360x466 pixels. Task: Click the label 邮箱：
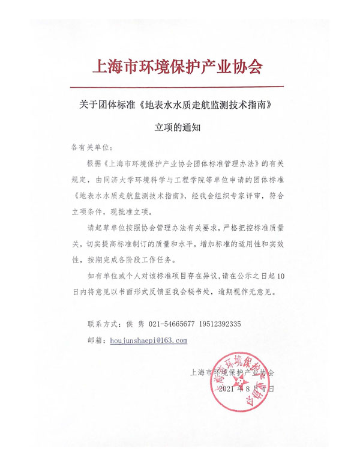97,340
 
